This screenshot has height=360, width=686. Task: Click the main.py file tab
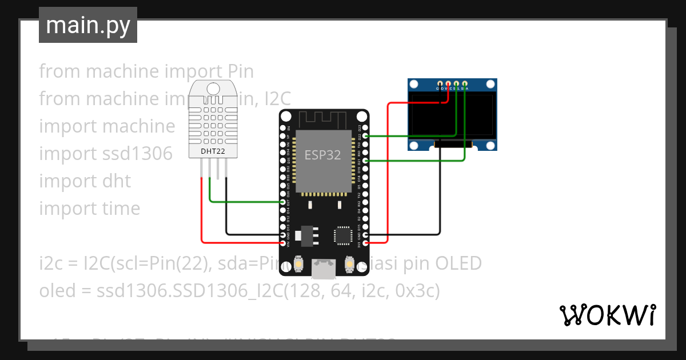point(87,25)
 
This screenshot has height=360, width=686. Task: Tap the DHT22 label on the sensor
point(213,151)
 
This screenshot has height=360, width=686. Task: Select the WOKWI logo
point(607,315)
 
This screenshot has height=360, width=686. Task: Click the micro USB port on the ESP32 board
point(324,269)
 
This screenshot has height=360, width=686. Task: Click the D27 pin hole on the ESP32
point(284,202)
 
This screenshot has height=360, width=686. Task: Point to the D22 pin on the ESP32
point(366,136)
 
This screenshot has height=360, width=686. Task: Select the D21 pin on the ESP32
point(366,161)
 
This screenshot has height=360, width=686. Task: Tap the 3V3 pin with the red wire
point(366,243)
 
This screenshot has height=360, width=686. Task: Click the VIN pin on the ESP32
point(284,243)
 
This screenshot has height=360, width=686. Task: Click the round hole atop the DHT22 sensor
point(213,88)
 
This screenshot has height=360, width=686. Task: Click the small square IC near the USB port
point(344,235)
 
